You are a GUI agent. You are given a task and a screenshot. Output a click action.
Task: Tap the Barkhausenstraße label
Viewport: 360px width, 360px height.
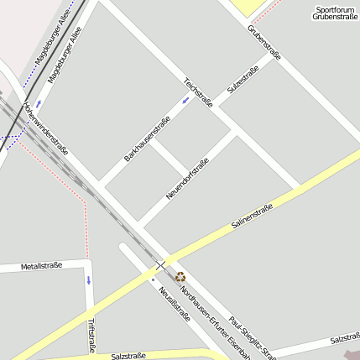tap(147, 138)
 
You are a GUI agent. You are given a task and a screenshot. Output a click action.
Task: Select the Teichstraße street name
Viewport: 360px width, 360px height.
tap(198, 92)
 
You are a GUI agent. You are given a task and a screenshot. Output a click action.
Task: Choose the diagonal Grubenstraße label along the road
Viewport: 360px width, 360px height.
tap(264, 42)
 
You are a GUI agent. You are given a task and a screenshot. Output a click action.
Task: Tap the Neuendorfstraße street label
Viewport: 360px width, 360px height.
tap(187, 178)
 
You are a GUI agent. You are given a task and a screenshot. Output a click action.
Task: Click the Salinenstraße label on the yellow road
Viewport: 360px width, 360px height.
tap(253, 217)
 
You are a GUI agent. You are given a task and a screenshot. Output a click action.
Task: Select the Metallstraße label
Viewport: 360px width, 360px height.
tap(41, 267)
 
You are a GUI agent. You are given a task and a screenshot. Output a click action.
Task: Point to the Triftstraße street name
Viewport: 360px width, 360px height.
tap(91, 335)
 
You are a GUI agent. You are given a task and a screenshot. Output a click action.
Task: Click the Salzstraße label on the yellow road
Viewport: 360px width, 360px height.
tap(128, 356)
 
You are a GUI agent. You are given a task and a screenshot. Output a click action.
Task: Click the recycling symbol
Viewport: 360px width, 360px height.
tap(180, 275)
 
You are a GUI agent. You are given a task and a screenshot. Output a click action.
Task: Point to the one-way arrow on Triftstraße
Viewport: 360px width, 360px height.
tap(88, 279)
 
